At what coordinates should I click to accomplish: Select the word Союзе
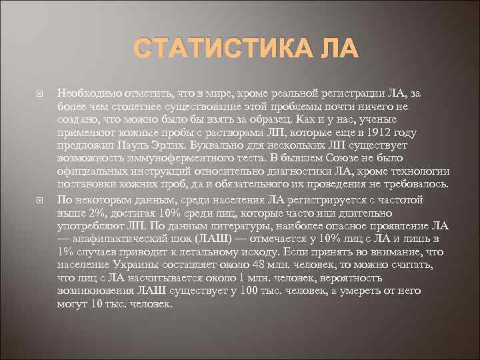pos(350,158)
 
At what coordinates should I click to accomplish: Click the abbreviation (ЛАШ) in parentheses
pos(213,238)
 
